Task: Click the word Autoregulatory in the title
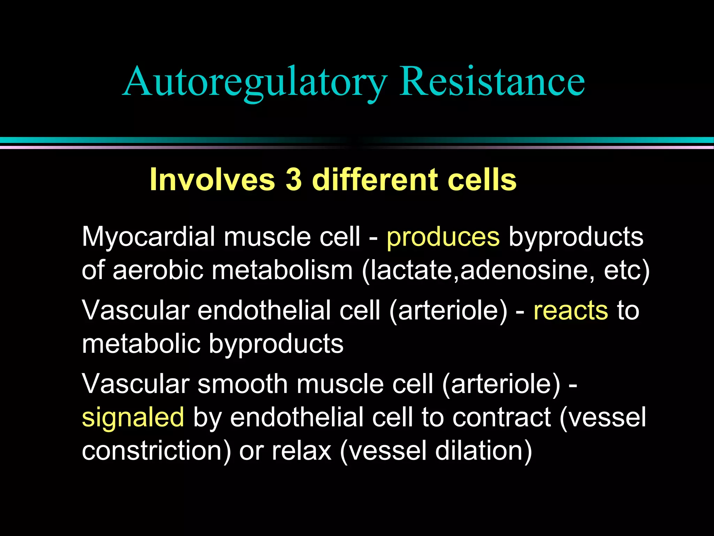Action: click(255, 82)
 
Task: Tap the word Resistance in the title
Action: click(492, 82)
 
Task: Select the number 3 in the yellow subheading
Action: click(294, 179)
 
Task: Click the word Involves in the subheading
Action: click(212, 179)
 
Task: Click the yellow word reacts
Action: click(571, 310)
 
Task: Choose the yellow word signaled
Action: click(133, 417)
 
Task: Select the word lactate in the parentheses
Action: click(411, 270)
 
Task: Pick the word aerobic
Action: click(158, 270)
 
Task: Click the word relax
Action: click(301, 451)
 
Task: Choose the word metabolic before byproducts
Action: click(141, 344)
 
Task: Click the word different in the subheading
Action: click(375, 179)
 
